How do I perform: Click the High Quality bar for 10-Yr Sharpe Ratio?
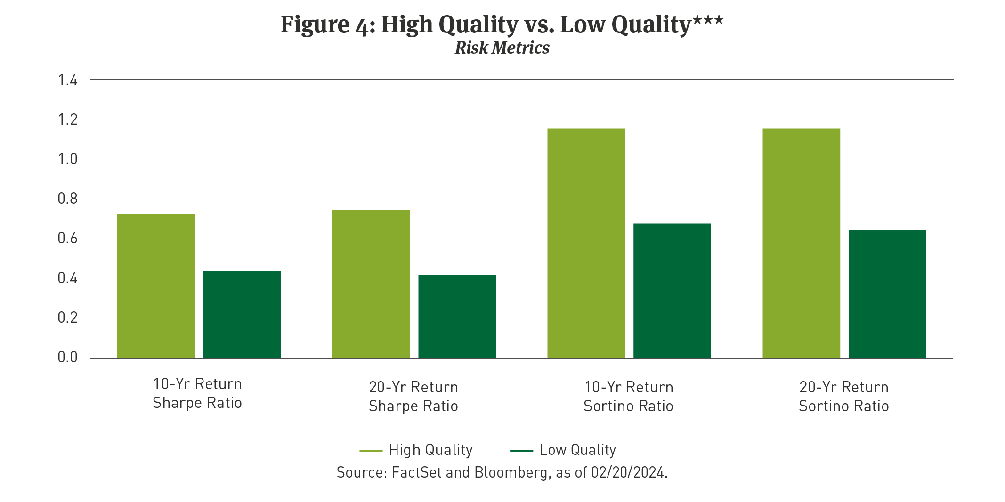click(x=156, y=286)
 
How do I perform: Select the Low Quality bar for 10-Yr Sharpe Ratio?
click(x=242, y=315)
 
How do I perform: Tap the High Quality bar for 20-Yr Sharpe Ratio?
click(x=371, y=284)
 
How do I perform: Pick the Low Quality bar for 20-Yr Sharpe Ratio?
click(x=457, y=317)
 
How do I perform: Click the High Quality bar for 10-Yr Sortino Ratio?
click(x=586, y=243)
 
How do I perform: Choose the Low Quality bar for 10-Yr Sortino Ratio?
click(x=672, y=291)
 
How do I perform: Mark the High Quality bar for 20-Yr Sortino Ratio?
click(x=801, y=243)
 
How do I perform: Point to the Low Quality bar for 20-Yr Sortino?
click(x=887, y=294)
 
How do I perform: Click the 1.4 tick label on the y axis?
click(x=67, y=80)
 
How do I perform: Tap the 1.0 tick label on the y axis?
click(x=67, y=159)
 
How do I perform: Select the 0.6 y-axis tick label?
click(x=67, y=239)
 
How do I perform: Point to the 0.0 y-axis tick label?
click(x=67, y=358)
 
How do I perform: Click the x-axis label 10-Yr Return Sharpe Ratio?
click(x=197, y=393)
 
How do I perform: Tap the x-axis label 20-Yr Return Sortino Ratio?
click(x=843, y=397)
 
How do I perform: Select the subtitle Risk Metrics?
click(x=502, y=48)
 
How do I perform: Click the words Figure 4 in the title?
click(x=327, y=24)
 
